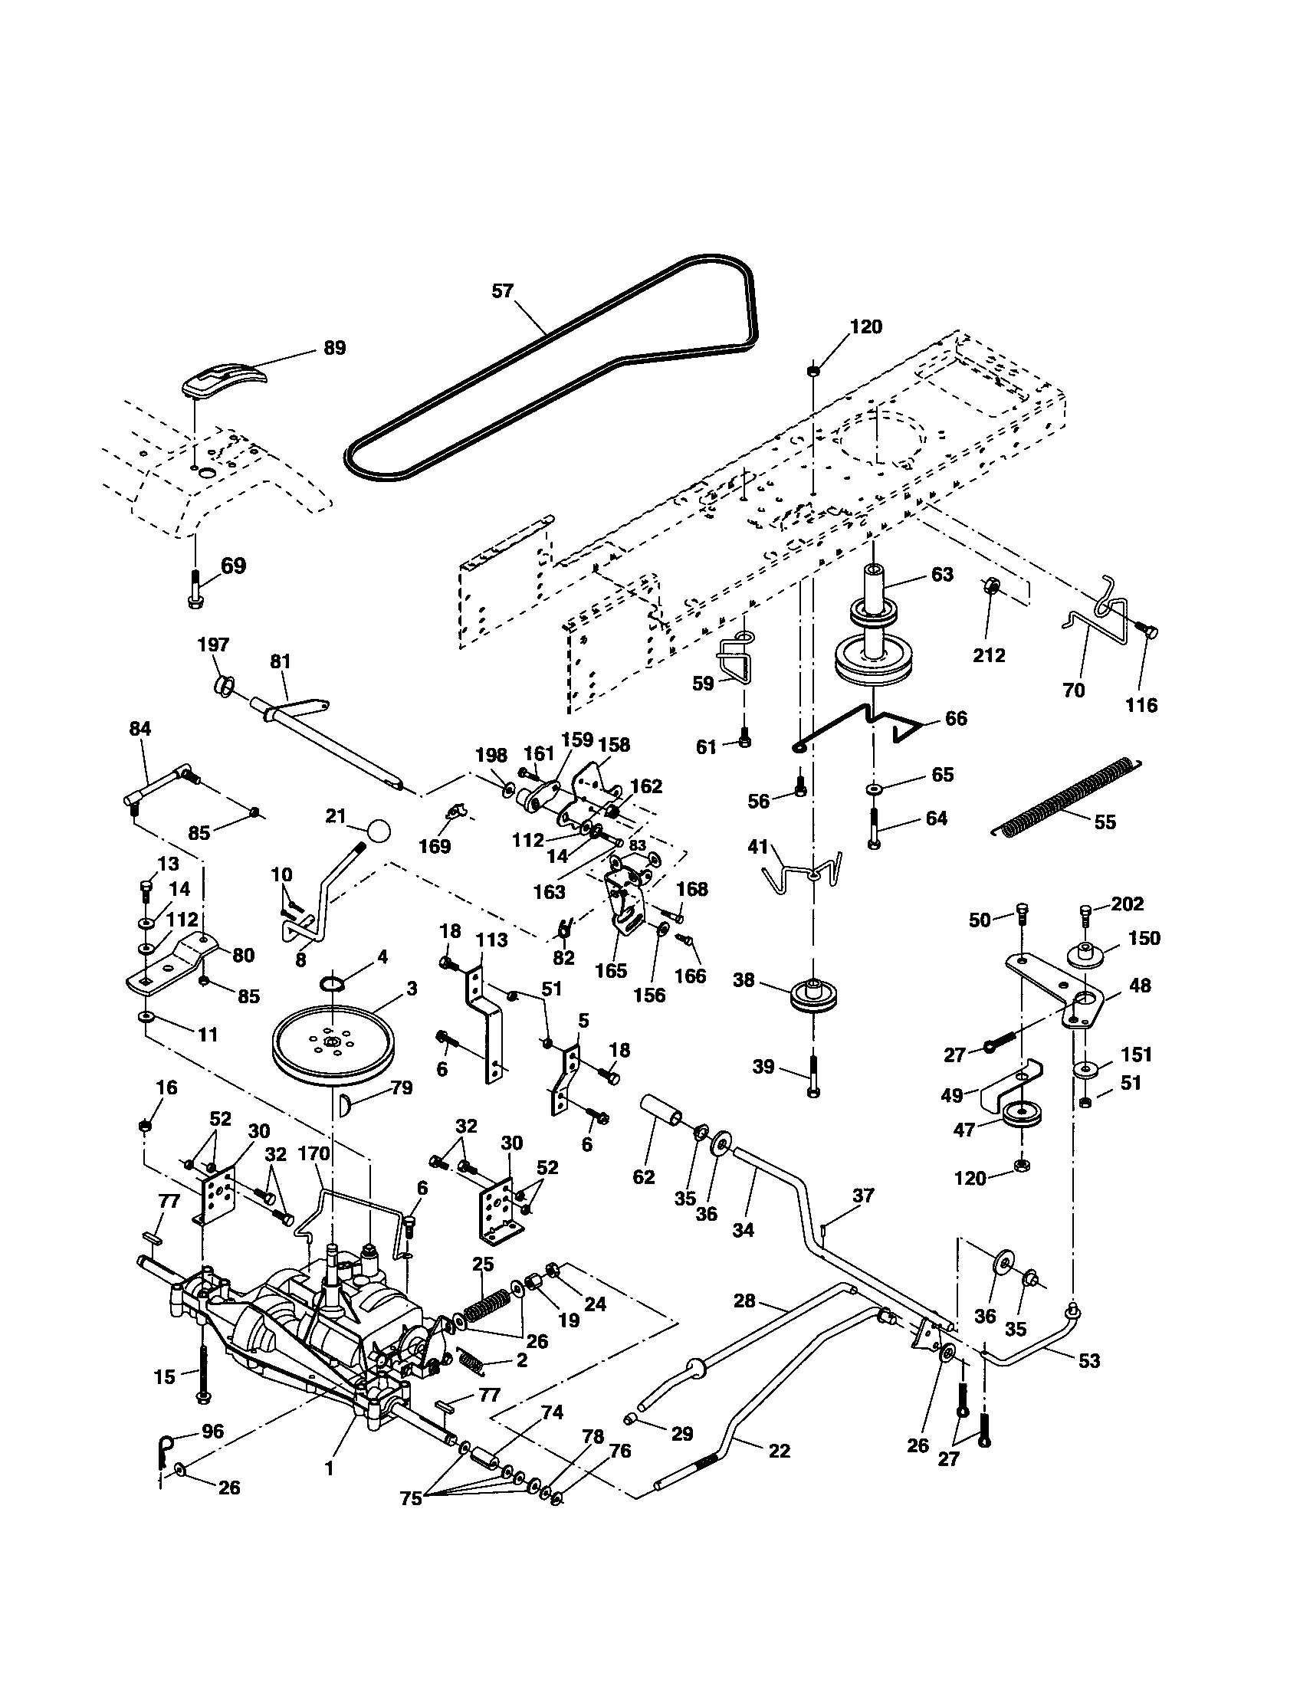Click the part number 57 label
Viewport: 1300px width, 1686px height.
[503, 291]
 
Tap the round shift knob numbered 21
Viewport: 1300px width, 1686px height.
[377, 832]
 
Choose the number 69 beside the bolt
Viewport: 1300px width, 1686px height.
[233, 566]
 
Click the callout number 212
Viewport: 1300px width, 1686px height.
[989, 655]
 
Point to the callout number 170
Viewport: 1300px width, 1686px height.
[314, 1154]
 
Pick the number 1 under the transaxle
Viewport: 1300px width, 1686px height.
[330, 1469]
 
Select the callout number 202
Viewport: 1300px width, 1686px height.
[1128, 904]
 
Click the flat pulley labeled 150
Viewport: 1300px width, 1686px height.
[1085, 954]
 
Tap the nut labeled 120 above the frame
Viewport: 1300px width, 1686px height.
[814, 371]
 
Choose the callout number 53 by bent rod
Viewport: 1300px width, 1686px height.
[1088, 1360]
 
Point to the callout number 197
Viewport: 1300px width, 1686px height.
[214, 645]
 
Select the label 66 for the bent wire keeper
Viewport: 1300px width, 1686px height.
[956, 718]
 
